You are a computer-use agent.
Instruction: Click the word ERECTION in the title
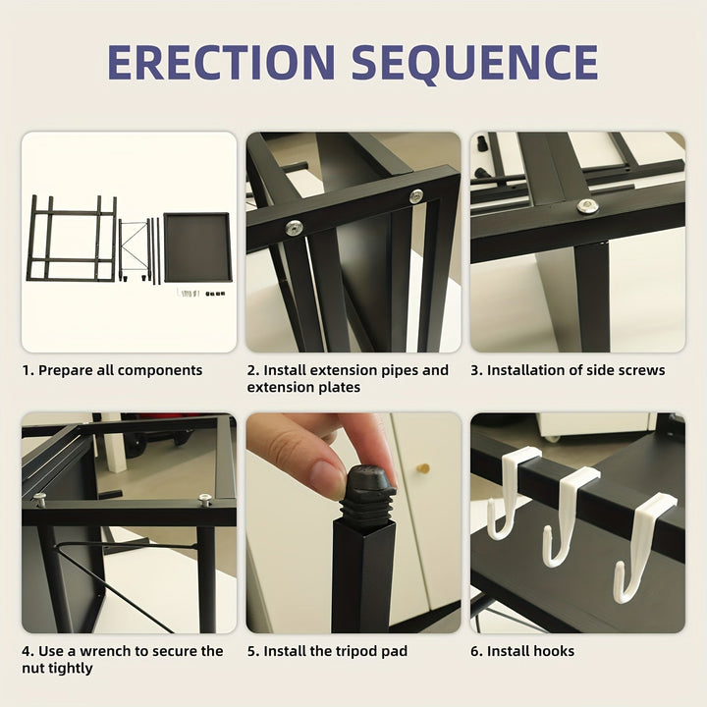[x=222, y=62]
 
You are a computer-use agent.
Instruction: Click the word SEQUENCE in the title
[x=475, y=62]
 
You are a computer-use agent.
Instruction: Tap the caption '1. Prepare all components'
[x=112, y=370]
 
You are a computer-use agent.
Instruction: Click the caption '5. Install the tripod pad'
[x=326, y=651]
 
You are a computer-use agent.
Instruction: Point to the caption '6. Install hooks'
[x=522, y=651]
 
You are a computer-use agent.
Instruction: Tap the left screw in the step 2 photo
[x=294, y=228]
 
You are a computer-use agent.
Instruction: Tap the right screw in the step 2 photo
[x=416, y=196]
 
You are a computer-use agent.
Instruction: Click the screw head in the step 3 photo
[x=587, y=206]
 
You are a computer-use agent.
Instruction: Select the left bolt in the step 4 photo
[x=39, y=500]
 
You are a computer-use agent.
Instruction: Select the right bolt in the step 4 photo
[x=205, y=500]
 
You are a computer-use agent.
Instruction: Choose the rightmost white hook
[x=642, y=545]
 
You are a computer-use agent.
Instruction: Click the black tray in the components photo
[x=197, y=247]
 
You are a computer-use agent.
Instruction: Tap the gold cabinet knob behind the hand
[x=423, y=468]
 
